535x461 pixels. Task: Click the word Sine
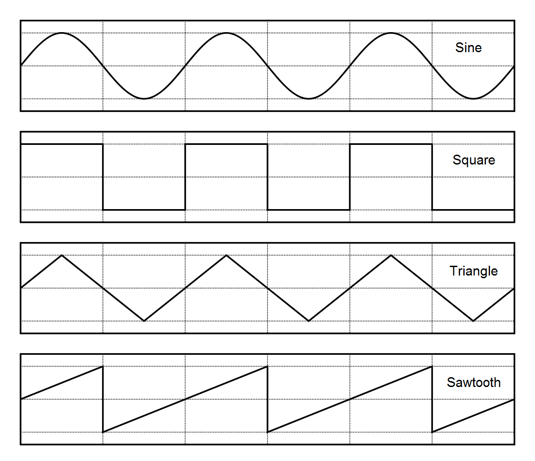point(468,48)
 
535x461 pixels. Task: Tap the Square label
point(473,160)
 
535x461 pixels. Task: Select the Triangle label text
point(473,271)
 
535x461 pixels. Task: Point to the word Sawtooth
point(473,383)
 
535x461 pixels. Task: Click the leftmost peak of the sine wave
point(62,33)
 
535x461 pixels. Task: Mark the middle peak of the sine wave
point(226,33)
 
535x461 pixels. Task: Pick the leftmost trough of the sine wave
point(144,99)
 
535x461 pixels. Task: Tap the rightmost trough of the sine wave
point(473,99)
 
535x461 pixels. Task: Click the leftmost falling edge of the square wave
point(103,177)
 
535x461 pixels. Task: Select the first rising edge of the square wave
point(185,177)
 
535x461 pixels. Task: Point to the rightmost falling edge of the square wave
point(432,177)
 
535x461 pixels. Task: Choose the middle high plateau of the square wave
point(226,144)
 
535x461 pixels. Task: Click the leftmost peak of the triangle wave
point(62,255)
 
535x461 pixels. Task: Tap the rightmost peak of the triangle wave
point(391,255)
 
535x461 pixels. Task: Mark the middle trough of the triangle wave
point(309,321)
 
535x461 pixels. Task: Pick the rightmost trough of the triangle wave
point(473,321)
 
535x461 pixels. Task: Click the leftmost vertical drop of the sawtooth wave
point(103,399)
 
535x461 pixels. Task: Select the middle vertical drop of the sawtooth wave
point(267,399)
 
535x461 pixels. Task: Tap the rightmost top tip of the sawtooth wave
point(432,366)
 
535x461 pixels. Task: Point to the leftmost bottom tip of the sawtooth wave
point(103,432)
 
